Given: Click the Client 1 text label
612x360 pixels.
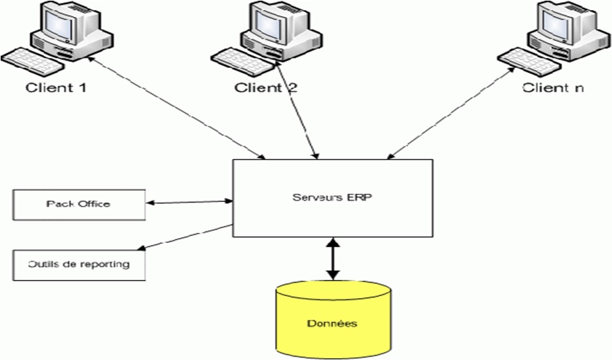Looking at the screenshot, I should pyautogui.click(x=56, y=87).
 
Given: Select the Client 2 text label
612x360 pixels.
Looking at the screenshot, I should pyautogui.click(x=266, y=87).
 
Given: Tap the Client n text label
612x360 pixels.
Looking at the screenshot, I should pyautogui.click(x=553, y=87).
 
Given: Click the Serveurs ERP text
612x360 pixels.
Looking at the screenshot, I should pyautogui.click(x=332, y=197).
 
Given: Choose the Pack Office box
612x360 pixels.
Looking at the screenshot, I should pyautogui.click(x=79, y=204).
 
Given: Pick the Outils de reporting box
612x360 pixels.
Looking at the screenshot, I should pyautogui.click(x=79, y=264).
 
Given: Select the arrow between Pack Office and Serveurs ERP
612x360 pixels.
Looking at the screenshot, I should pyautogui.click(x=189, y=201).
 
